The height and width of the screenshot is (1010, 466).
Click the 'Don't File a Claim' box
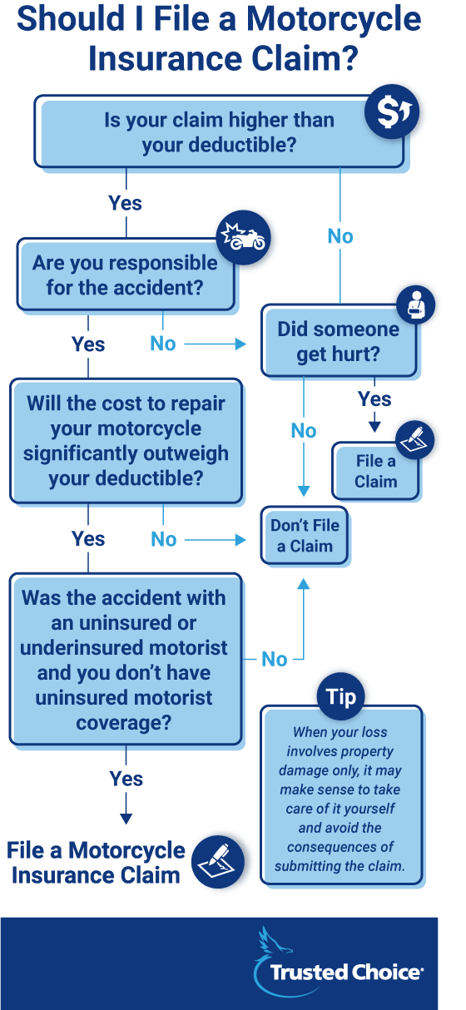pyautogui.click(x=305, y=536)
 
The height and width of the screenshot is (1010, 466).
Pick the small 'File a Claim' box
pyautogui.click(x=375, y=471)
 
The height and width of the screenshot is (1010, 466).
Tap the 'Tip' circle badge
pyautogui.click(x=341, y=696)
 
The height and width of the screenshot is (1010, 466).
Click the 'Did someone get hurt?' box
pyautogui.click(x=338, y=341)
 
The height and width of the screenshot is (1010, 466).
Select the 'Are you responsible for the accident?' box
pyautogui.click(x=125, y=275)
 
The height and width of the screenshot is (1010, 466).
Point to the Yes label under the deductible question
pyautogui.click(x=126, y=203)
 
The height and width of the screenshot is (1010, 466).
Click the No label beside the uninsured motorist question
pyautogui.click(x=274, y=660)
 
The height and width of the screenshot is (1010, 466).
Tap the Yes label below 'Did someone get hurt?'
pyautogui.click(x=374, y=399)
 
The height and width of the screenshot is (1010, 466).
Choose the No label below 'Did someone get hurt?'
pyautogui.click(x=304, y=430)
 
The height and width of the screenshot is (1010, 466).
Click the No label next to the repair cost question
pyautogui.click(x=164, y=539)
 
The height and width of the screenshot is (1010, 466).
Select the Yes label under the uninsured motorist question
pyautogui.click(x=126, y=779)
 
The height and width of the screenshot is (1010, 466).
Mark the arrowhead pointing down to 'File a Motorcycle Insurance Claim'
pyautogui.click(x=126, y=819)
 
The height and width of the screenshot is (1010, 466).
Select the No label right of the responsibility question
pyautogui.click(x=163, y=344)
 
